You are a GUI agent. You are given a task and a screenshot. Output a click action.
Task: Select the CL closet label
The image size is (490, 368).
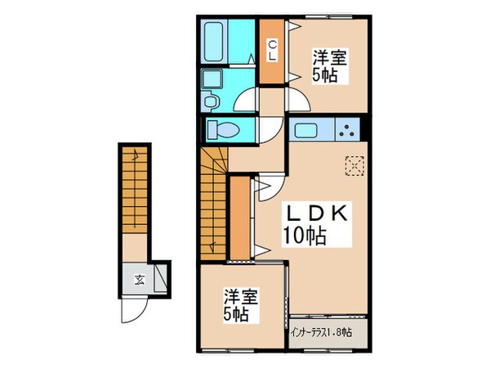pyautogui.click(x=270, y=52)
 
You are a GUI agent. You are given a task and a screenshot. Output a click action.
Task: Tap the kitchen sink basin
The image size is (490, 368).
pyautogui.click(x=306, y=130)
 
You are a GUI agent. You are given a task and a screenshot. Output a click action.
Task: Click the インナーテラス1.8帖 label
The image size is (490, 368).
pyautogui.click(x=321, y=333)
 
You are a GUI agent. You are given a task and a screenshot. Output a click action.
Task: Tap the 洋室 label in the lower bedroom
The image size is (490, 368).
pyautogui.click(x=238, y=297)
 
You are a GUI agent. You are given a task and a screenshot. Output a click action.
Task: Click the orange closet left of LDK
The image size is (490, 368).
pyautogui.click(x=238, y=217)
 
